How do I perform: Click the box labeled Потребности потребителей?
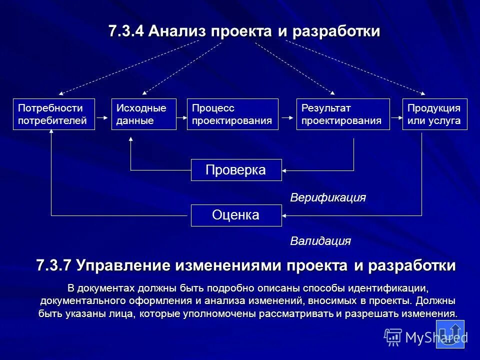pos(53,114)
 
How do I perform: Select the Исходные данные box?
pos(144,114)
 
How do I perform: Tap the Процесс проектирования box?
pos(232,114)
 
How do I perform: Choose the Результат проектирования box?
pos(343,114)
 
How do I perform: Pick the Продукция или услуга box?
pos(435,114)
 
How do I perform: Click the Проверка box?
pos(236,170)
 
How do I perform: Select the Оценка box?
pos(236,215)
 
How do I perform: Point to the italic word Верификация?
pos(328,198)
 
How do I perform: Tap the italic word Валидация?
pos(320,241)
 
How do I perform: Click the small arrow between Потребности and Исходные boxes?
pos(102,117)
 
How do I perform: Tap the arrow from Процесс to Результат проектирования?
pos(287,117)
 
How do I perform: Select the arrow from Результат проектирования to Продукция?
pos(396,117)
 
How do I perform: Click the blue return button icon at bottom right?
pos(451,333)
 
